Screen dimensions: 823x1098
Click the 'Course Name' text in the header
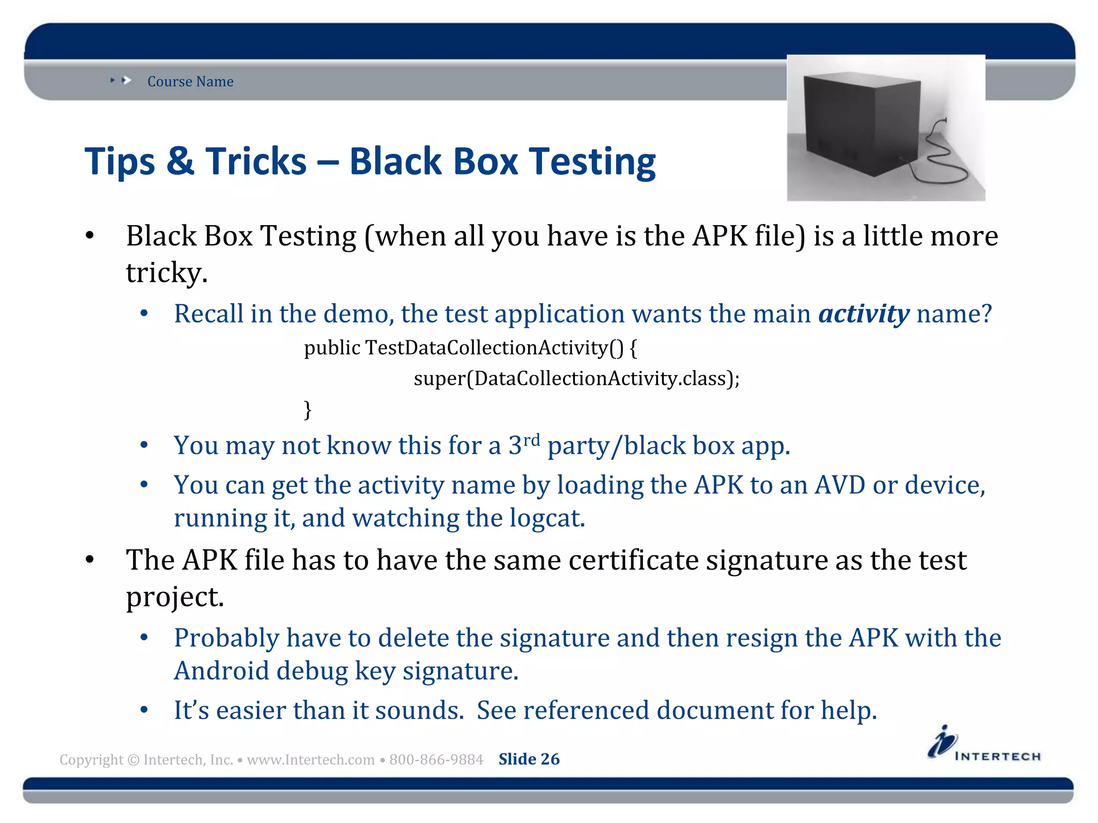[x=190, y=81]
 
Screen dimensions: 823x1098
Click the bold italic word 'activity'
[x=864, y=314]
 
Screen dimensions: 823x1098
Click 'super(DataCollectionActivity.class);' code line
[x=576, y=379]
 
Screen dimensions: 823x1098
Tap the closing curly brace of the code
[x=308, y=410]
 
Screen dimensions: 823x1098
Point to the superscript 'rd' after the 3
[x=531, y=440]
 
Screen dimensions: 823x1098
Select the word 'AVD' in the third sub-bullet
[x=840, y=485]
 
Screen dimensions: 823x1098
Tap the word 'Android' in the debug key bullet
[x=221, y=671]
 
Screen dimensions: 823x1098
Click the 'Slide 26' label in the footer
[x=529, y=759]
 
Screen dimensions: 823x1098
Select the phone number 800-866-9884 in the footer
[x=436, y=760]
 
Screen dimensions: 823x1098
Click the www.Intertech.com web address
[x=310, y=760]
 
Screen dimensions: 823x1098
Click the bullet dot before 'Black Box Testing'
[x=90, y=236]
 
